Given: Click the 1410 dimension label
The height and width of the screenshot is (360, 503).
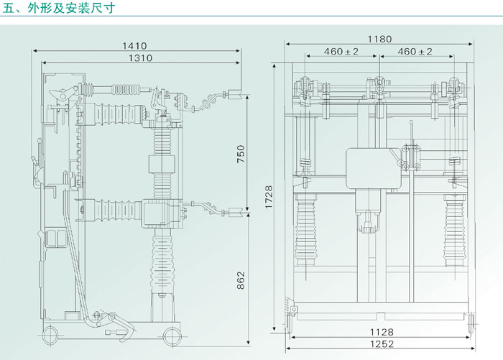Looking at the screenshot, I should point(137,45).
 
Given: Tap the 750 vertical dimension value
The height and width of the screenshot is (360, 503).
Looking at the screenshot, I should point(241,154).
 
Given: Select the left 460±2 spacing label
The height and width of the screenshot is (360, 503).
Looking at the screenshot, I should point(341,52).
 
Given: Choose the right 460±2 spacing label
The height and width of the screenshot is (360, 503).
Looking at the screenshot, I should point(415,52).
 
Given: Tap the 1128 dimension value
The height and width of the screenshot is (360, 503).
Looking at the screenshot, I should point(381,333).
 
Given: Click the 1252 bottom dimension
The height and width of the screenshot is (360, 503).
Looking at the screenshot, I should point(381,346).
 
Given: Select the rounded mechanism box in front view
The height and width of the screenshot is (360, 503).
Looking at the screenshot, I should point(374,170).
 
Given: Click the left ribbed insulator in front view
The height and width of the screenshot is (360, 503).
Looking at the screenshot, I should point(308,219).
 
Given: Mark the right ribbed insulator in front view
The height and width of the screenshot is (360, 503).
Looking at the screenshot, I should point(454,219).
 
